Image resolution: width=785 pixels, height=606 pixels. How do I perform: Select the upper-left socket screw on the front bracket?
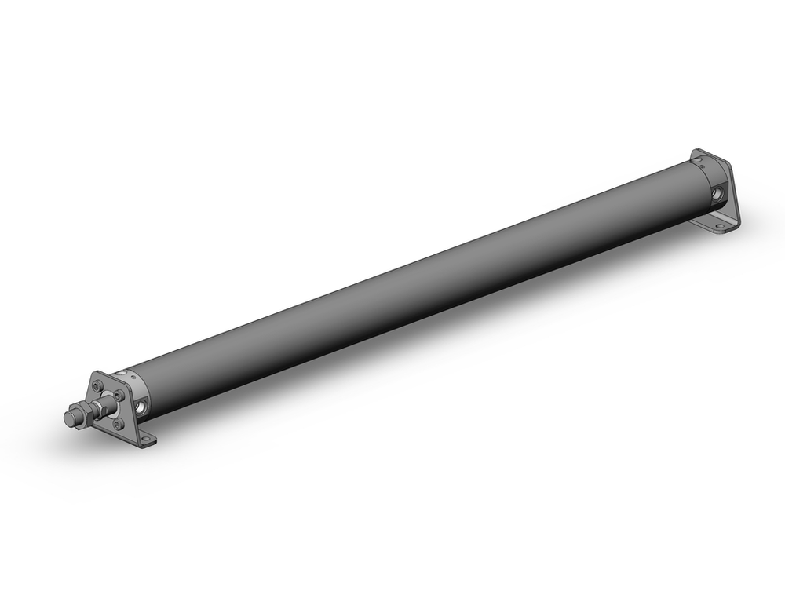coord(97,386)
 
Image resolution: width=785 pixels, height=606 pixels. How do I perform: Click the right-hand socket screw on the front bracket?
coord(119,395)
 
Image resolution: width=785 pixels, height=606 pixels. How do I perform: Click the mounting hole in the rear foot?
coord(719,226)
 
